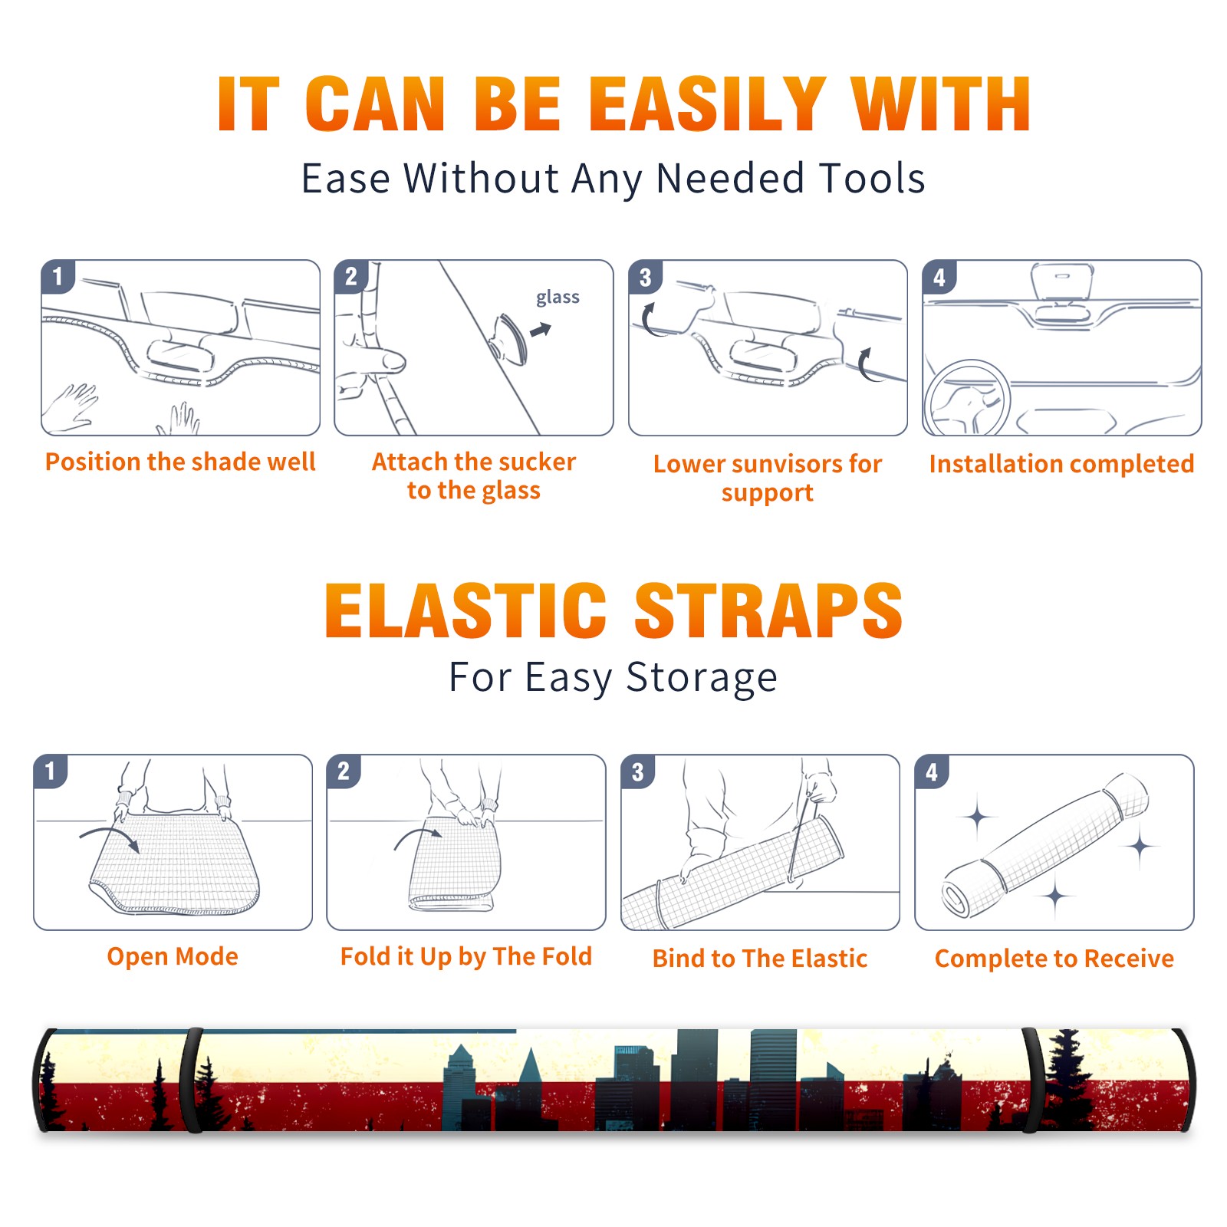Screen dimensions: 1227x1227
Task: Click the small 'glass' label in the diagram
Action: click(558, 298)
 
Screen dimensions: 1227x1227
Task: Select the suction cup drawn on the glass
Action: click(509, 338)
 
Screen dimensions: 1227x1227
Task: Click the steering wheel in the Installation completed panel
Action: click(965, 398)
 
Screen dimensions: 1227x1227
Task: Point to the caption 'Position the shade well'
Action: click(180, 462)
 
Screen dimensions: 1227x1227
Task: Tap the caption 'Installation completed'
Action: click(1061, 464)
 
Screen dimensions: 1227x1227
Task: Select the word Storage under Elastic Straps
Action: click(702, 678)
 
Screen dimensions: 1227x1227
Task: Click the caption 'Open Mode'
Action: click(173, 956)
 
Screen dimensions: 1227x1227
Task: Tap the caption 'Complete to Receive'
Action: click(1054, 959)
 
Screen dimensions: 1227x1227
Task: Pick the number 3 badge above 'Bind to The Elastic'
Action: click(637, 771)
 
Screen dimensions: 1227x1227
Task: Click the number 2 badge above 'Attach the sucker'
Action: click(351, 276)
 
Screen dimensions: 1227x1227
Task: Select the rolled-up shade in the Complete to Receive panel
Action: click(1046, 844)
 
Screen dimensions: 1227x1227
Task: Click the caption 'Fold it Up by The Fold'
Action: click(466, 956)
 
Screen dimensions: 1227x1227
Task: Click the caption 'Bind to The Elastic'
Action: click(760, 959)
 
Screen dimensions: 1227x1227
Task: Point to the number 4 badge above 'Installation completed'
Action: click(939, 277)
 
